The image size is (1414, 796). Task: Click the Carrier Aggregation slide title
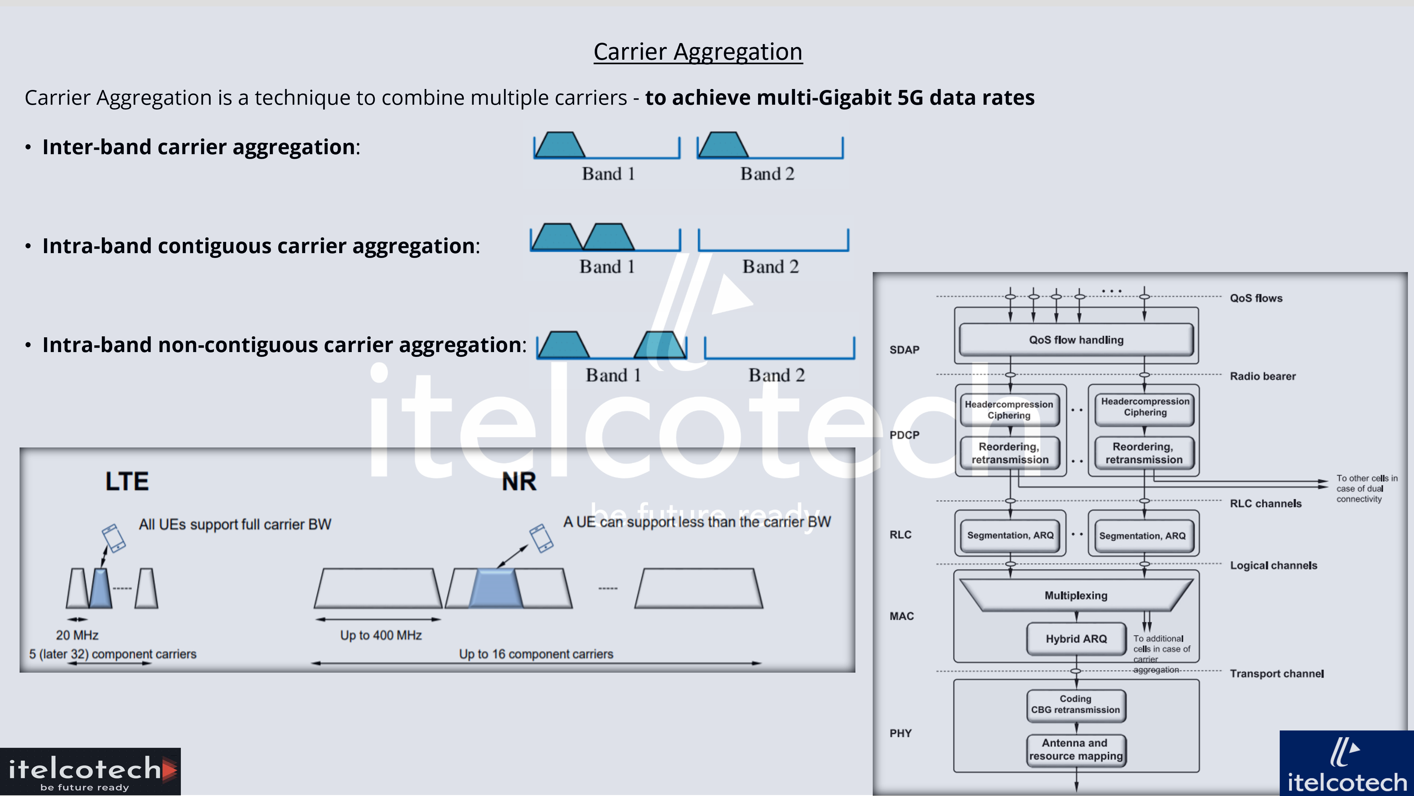coord(698,52)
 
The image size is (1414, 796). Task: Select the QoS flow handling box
coord(1076,340)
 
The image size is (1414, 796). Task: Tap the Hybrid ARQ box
coord(1076,639)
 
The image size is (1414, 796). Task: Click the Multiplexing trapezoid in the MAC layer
coord(1076,596)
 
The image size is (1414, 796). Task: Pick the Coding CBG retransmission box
coord(1075,704)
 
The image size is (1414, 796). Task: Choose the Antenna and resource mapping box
coord(1075,749)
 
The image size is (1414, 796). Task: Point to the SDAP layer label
coord(904,350)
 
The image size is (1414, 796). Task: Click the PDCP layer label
coord(904,435)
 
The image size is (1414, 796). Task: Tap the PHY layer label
coord(900,733)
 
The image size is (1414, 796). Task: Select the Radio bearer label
coord(1262,376)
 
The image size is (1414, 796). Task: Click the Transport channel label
coord(1276,674)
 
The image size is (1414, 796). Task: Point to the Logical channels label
coord(1273,565)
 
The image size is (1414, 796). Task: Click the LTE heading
coord(127,482)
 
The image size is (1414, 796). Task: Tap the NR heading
coord(519,482)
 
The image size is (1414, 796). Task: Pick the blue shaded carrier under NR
coord(496,588)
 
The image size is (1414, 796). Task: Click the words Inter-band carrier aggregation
coord(198,147)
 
